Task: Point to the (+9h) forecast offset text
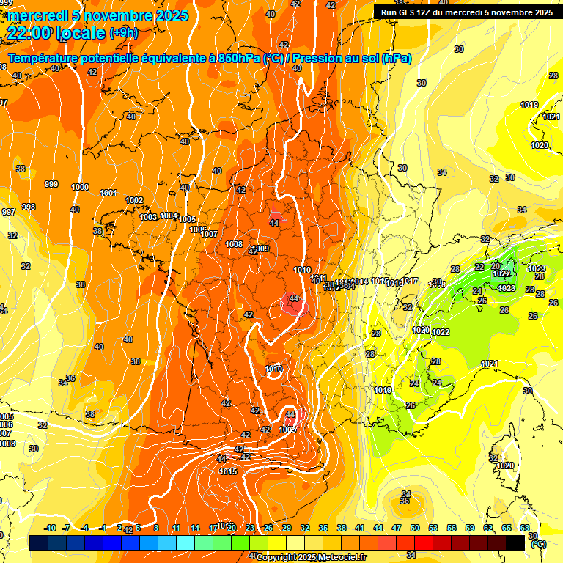(123, 32)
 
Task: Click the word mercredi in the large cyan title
(37, 15)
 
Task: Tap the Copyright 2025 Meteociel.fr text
(312, 557)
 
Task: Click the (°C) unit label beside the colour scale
(538, 545)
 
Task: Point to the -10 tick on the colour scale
(50, 528)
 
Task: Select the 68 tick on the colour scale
(525, 528)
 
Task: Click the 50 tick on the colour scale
(415, 528)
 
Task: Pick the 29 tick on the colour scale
(287, 528)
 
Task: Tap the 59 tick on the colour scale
(470, 528)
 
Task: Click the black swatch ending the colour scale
(516, 542)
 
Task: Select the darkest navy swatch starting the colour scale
(39, 542)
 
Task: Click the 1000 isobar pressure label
(80, 187)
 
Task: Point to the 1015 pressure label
(229, 471)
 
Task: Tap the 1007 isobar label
(210, 234)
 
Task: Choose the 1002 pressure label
(134, 200)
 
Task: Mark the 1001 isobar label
(108, 193)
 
